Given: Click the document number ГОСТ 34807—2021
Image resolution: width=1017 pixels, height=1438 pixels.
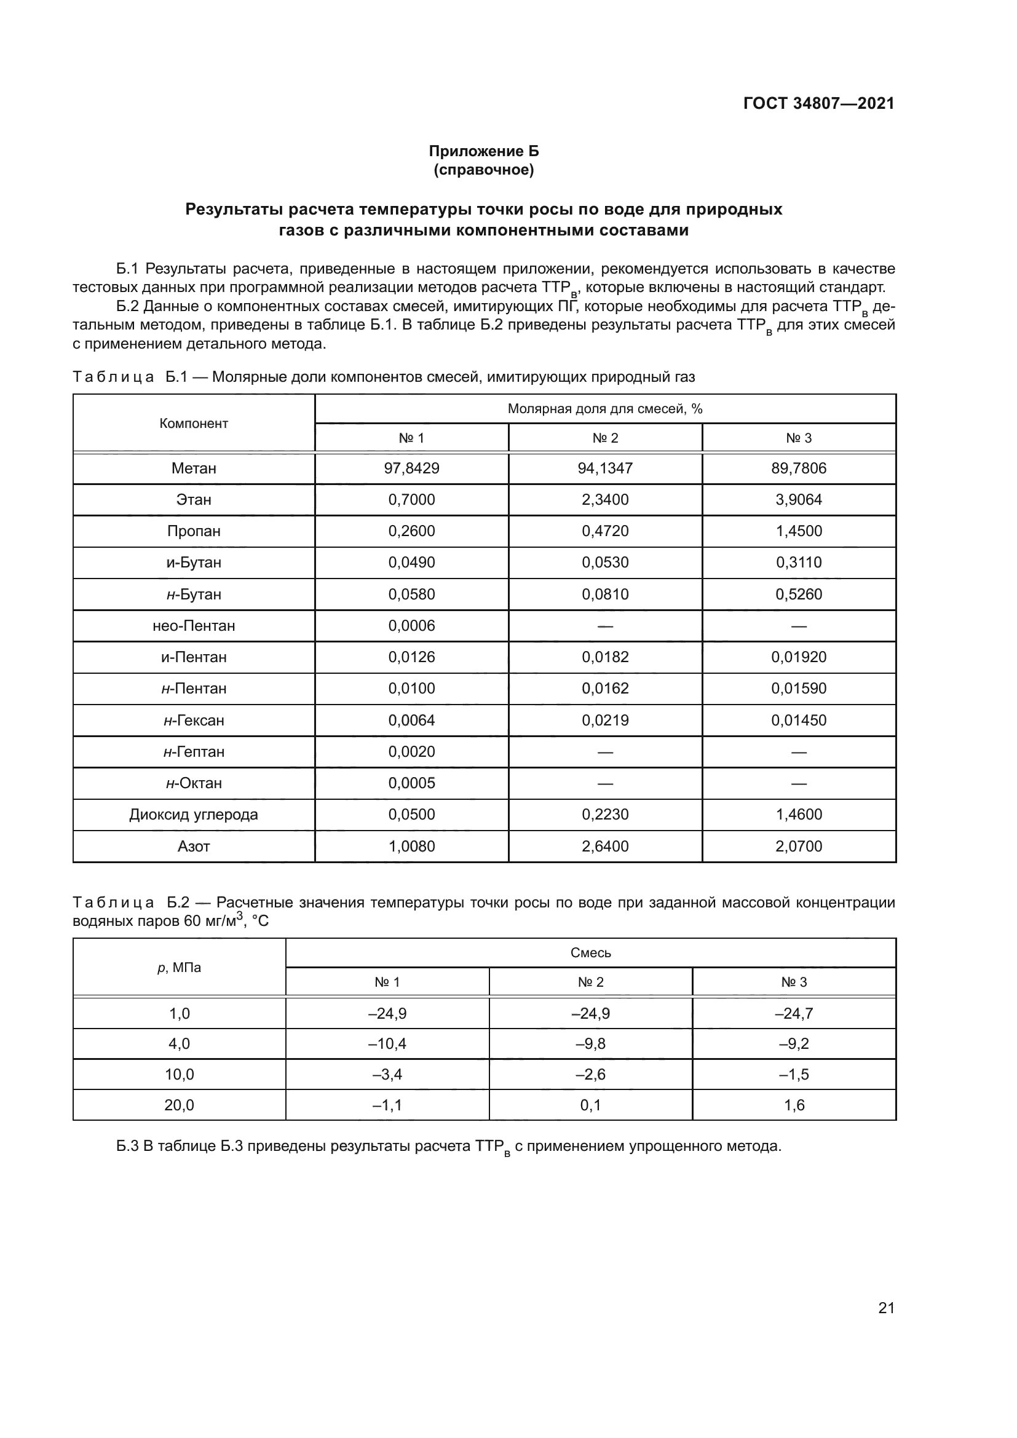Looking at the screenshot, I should coord(818,103).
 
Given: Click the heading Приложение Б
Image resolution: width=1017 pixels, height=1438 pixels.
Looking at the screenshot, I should coord(483,151).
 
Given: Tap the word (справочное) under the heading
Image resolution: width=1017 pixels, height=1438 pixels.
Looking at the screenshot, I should coord(483,170).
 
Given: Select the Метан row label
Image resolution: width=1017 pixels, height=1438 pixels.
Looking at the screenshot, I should coord(194,468).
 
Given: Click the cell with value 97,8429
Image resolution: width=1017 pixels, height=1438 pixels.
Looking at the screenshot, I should coord(411,468).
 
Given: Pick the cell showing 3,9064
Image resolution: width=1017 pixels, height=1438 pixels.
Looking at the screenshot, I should coord(799,500).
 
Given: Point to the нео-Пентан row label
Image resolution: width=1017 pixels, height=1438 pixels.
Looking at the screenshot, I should coord(194,626).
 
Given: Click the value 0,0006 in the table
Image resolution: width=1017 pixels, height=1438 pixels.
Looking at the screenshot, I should coord(411,626).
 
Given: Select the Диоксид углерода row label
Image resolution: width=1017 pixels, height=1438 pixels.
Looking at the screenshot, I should coord(194,814).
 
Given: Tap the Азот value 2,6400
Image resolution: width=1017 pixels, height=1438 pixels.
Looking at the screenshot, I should coord(605,846).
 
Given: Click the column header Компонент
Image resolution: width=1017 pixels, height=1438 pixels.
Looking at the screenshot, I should coord(194,424).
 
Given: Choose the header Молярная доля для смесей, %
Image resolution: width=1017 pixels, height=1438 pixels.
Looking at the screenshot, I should coord(605,409).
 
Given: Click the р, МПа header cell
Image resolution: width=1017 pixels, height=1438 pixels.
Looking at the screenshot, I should coord(179,968).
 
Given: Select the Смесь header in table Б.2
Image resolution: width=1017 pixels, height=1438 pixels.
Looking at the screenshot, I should coord(590,952).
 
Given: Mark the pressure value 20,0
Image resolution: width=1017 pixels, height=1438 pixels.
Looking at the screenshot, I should coord(179,1105).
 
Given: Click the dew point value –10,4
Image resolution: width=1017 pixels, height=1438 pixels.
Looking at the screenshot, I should coord(387,1043).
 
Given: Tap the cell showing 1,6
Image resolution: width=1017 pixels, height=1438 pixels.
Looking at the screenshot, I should coord(794,1105).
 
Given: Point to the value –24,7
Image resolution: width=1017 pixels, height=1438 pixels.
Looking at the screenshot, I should coord(794,1013).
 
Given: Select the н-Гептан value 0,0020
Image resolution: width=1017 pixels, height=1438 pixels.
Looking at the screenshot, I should coord(411,751).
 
